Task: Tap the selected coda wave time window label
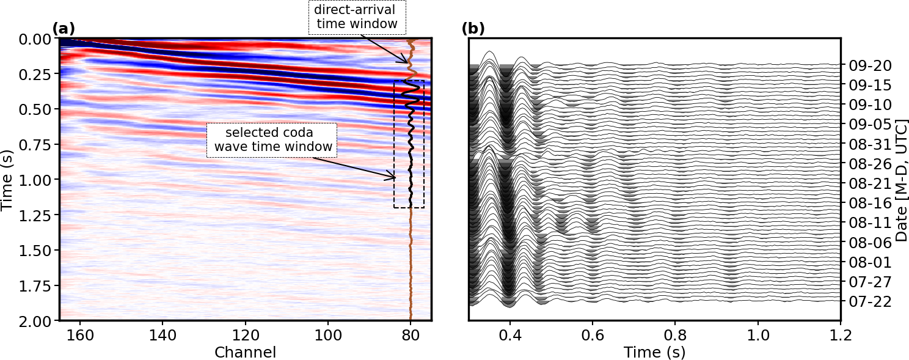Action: click(272, 141)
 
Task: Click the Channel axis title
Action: click(245, 353)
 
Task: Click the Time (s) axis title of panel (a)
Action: click(7, 180)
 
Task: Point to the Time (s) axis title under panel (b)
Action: click(654, 353)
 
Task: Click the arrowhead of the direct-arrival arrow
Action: click(407, 62)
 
